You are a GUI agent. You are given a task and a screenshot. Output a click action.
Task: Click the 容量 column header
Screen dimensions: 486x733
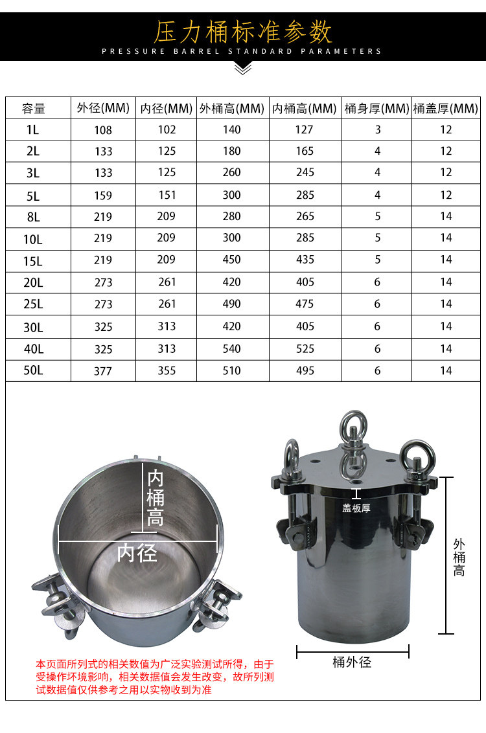tap(33, 108)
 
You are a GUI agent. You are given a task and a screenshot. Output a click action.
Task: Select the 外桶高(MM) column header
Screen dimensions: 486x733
tap(232, 108)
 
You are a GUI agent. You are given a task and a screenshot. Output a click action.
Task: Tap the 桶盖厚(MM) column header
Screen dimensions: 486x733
tap(445, 108)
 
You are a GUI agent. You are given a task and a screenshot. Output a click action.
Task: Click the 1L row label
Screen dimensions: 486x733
tap(33, 130)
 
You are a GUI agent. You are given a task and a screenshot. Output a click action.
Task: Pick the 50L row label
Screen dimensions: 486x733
tap(33, 370)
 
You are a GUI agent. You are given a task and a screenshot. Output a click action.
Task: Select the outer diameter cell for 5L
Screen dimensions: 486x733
tap(103, 196)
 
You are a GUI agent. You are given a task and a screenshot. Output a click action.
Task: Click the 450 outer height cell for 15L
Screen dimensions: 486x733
tap(231, 260)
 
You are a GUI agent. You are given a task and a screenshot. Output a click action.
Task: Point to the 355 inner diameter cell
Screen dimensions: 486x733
tap(167, 370)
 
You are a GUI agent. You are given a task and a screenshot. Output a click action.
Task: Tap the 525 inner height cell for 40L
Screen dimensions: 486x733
tap(305, 349)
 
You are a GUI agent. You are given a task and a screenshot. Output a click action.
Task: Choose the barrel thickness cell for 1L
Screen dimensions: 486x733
tap(378, 130)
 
